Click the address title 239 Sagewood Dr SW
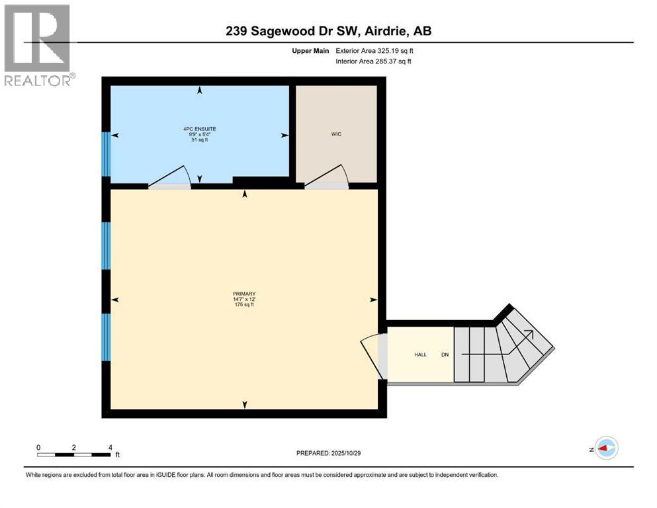click(328, 31)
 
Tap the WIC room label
click(337, 134)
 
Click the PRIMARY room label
click(243, 294)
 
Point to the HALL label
click(420, 355)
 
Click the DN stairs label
click(445, 355)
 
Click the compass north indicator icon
click(605, 448)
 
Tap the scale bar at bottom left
click(73, 454)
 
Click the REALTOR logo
click(38, 44)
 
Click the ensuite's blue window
click(105, 153)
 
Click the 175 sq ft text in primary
click(243, 305)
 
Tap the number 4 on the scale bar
click(109, 447)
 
